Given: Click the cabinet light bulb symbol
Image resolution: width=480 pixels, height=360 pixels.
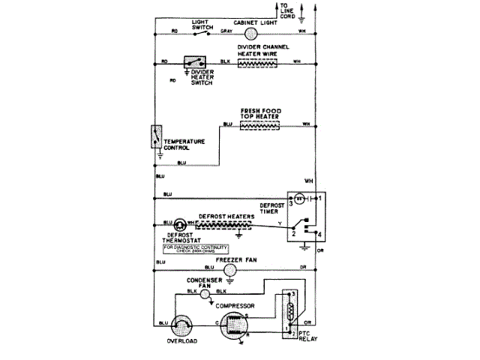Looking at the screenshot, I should pyautogui.click(x=252, y=33).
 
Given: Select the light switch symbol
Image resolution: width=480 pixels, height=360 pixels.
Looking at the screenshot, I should pyautogui.click(x=198, y=32).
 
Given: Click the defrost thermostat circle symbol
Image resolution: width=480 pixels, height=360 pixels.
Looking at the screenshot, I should pyautogui.click(x=180, y=223).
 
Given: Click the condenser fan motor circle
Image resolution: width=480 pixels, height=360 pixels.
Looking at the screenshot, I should pyautogui.click(x=205, y=295).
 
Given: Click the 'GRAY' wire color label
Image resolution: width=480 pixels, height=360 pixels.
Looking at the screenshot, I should pyautogui.click(x=226, y=31).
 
